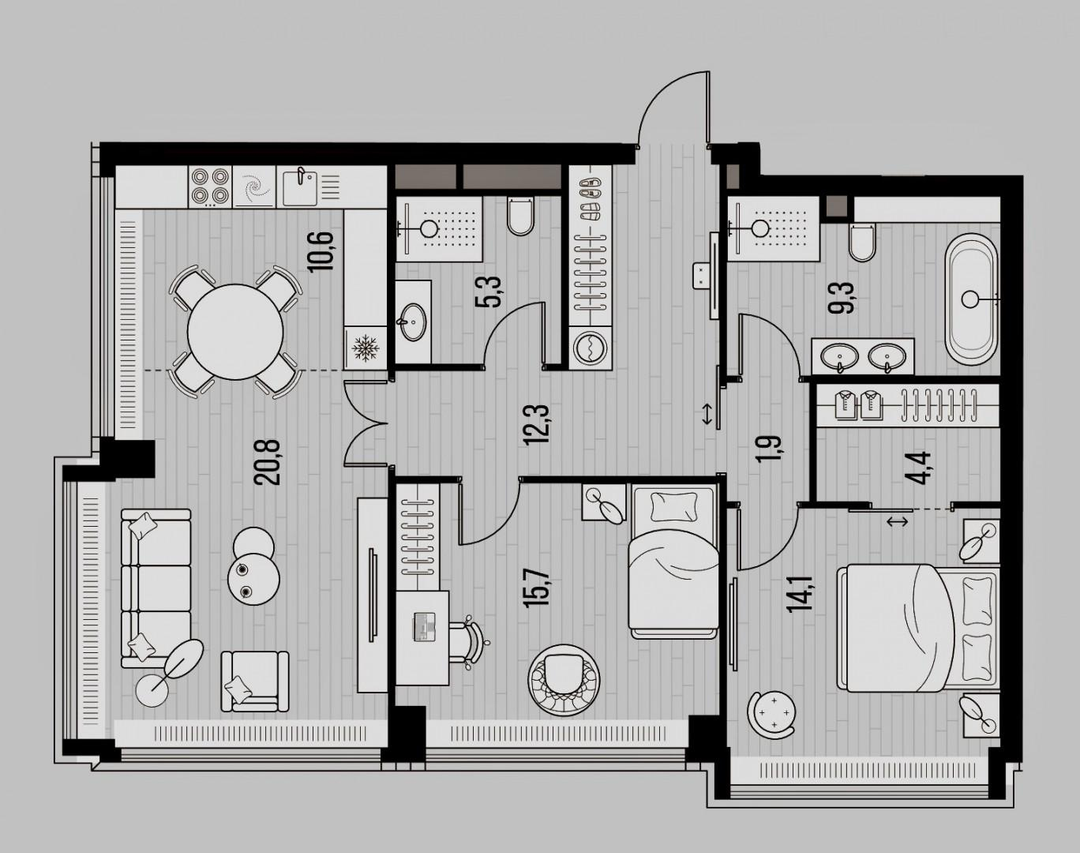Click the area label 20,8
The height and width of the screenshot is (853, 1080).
[267, 462]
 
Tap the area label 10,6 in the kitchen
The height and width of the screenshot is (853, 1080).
[321, 252]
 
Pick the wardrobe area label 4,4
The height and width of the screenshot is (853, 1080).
[922, 469]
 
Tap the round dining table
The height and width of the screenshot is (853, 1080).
[236, 331]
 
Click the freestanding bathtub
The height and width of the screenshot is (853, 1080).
[972, 298]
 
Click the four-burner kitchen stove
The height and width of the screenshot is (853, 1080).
[209, 186]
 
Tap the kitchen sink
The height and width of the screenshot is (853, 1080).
[299, 186]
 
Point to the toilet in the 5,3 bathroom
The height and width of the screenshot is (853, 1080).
[520, 215]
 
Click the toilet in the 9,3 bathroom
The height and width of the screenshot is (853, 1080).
[862, 242]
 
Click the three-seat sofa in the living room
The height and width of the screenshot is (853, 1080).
[156, 588]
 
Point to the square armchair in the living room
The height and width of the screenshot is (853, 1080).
[253, 681]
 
